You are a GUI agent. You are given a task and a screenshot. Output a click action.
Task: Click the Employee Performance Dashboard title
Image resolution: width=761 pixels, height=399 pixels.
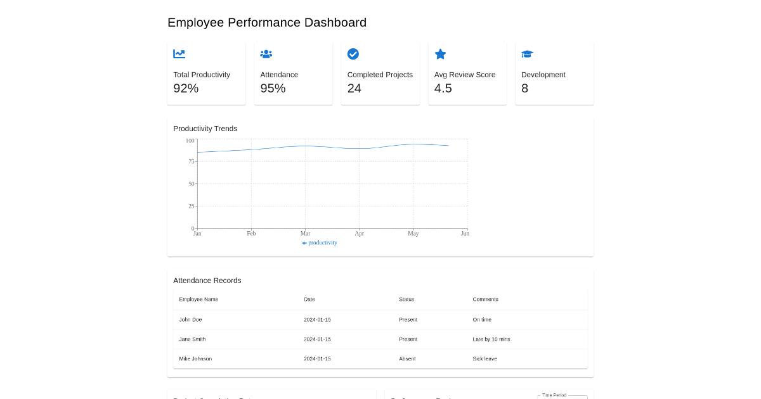(266, 23)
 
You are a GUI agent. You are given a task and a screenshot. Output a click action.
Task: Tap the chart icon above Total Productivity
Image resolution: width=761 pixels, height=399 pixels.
(179, 54)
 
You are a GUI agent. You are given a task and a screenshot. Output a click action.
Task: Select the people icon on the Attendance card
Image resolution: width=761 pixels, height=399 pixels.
(266, 54)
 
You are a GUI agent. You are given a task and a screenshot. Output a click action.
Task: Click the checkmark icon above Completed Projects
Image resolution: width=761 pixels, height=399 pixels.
(353, 54)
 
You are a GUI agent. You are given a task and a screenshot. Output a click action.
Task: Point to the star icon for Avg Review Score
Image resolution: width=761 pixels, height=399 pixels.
(440, 54)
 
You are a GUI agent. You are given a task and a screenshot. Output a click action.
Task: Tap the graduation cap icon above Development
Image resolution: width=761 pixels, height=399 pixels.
(527, 54)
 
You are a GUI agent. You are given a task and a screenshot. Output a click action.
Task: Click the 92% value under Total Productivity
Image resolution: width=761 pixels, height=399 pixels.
(186, 89)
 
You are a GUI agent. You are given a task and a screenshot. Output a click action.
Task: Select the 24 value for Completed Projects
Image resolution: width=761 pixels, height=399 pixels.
(354, 89)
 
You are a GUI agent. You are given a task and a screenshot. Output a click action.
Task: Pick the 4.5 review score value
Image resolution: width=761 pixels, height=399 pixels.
(443, 89)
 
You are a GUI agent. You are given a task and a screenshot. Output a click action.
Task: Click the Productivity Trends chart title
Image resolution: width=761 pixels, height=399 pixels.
(205, 129)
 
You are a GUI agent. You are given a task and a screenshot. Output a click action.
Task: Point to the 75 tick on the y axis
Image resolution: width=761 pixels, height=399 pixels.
(191, 161)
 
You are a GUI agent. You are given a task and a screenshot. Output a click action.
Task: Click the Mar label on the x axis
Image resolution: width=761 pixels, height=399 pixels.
(305, 234)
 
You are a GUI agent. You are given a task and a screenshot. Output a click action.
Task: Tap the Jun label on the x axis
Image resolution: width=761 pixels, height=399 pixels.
(465, 234)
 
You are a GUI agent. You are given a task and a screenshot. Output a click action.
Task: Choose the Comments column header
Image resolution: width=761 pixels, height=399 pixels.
(485, 300)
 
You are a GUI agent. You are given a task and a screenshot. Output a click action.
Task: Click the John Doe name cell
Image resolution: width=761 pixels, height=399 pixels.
(190, 320)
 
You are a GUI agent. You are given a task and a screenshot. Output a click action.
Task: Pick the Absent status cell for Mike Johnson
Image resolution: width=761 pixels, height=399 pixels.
(407, 359)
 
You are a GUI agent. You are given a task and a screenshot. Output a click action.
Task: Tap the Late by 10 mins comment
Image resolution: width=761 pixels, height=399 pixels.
(491, 339)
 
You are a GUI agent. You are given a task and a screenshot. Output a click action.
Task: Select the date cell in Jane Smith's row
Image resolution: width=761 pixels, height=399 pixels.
(317, 339)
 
